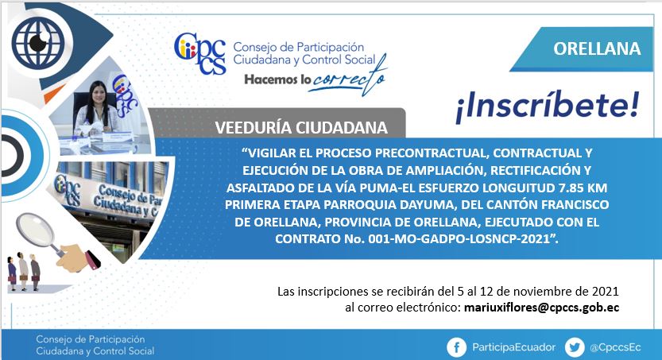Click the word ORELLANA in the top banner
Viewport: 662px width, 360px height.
[597, 49]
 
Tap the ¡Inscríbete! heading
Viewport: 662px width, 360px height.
[548, 106]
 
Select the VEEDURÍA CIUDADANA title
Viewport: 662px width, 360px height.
[301, 127]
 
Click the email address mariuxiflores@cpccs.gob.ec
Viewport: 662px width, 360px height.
[542, 308]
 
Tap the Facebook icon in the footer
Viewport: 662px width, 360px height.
[456, 347]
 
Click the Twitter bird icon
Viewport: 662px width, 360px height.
[574, 347]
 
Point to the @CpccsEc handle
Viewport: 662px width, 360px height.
[615, 348]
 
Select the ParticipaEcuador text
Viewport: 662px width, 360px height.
[514, 347]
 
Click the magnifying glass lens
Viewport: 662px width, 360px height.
[35, 228]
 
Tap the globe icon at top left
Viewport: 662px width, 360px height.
[38, 42]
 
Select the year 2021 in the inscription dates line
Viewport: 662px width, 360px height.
[605, 291]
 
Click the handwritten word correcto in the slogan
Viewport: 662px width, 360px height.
[349, 79]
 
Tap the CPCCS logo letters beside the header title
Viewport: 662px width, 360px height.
[200, 53]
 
